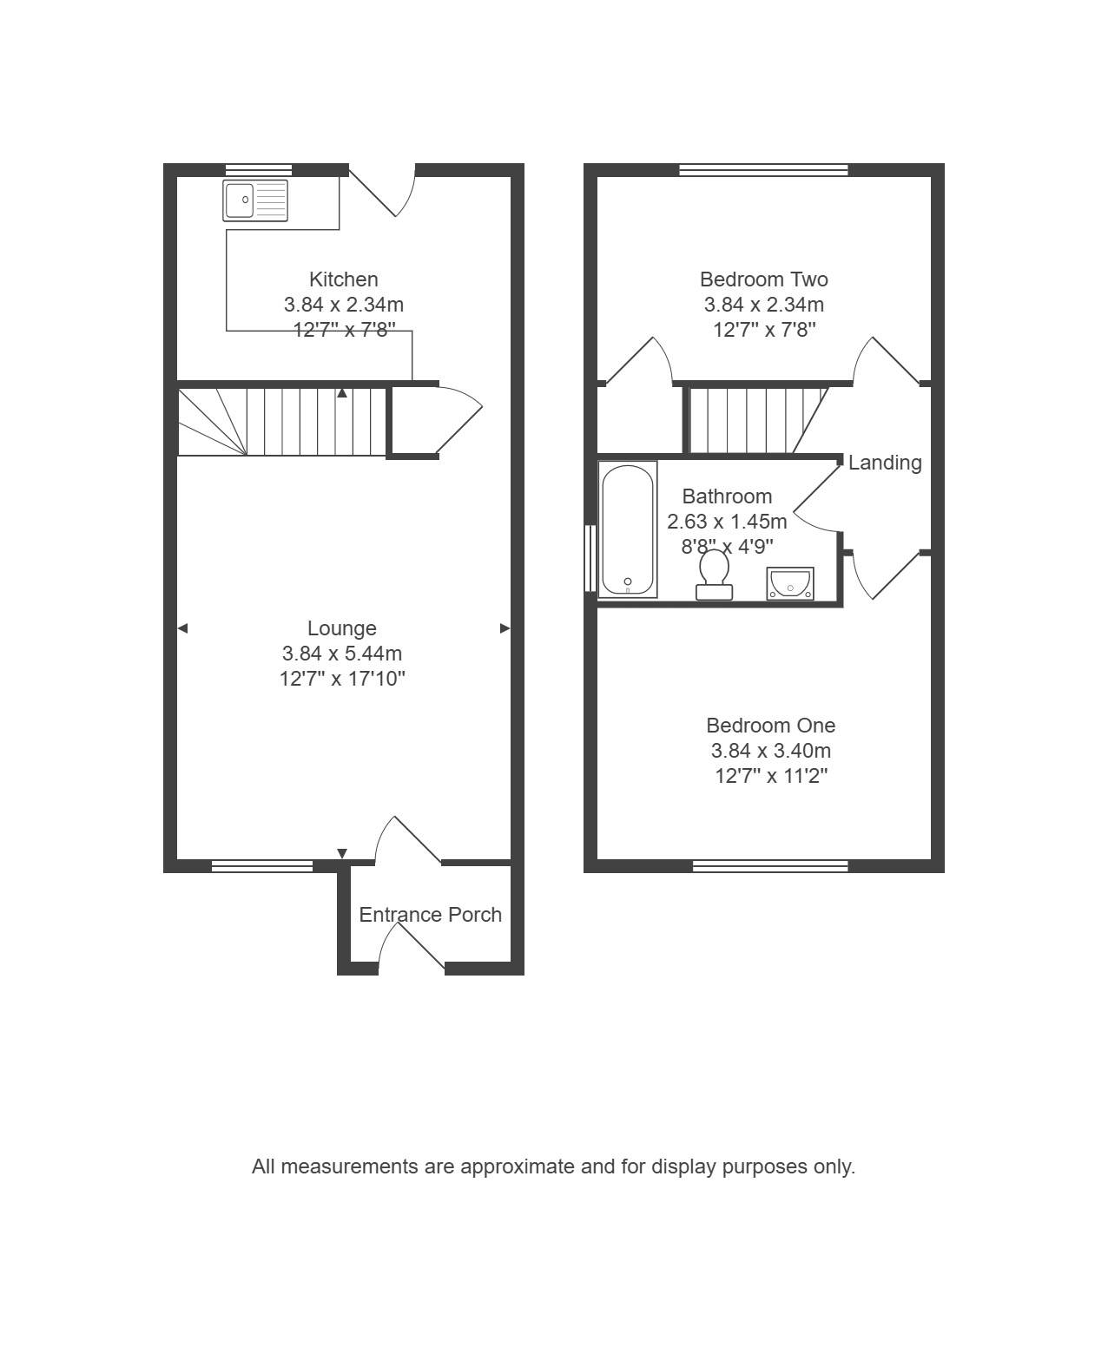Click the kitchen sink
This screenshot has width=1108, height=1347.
255,200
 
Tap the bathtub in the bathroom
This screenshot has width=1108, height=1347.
628,529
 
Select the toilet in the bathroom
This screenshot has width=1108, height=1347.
714,575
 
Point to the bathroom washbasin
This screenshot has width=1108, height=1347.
790,583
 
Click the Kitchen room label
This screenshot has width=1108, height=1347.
344,279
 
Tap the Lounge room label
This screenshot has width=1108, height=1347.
342,628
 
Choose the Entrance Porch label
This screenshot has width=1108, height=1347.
430,915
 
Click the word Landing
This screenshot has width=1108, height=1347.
885,463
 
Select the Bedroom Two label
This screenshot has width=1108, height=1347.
763,279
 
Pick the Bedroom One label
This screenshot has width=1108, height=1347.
770,725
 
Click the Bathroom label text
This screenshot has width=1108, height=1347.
727,496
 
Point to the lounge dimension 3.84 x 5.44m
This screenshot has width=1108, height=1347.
342,654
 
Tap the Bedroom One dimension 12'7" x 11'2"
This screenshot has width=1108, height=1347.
770,776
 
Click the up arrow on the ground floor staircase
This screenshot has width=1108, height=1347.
342,393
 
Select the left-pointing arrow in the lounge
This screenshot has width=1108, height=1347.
182,628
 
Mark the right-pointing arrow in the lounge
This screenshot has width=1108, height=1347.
505,628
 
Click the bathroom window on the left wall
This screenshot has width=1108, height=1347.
590,558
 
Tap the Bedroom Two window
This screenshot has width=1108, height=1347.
763,170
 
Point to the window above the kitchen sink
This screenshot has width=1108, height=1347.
259,170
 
